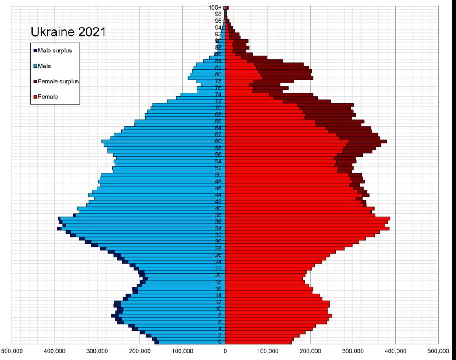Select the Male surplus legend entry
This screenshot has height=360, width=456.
point(55,50)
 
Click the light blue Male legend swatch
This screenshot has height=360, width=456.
point(35,66)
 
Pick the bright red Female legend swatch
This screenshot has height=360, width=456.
point(35,97)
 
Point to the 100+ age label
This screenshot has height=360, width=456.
point(215,7)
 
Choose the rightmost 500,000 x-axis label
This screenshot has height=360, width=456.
point(438,351)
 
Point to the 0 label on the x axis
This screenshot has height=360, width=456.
point(225,351)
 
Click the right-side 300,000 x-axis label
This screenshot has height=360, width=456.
point(353,351)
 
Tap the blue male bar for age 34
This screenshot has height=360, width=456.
point(144,228)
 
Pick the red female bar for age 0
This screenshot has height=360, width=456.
point(258,342)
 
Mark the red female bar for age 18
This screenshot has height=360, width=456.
point(262,282)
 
